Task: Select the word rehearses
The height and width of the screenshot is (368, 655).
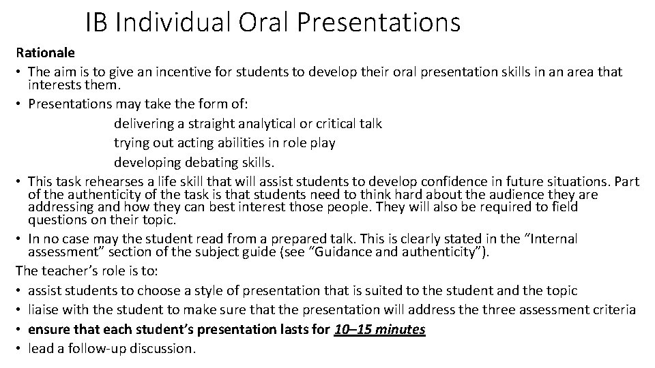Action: point(111,181)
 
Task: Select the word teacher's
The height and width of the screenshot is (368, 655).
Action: point(66,271)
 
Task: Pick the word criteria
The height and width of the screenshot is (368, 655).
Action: point(612,310)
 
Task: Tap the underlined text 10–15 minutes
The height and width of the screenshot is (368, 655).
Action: point(379,330)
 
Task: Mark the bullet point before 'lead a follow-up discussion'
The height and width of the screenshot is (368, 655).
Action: point(20,349)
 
